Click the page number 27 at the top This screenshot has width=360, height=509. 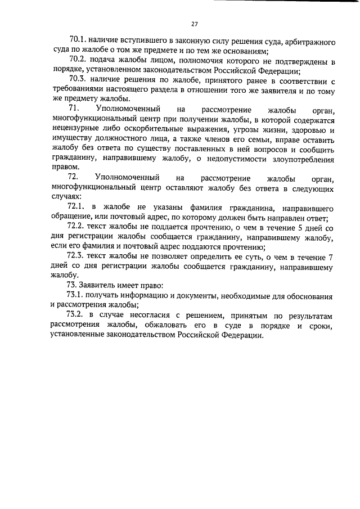[194, 24]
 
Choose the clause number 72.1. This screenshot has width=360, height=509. [77, 208]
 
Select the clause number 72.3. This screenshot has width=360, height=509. [77, 255]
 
